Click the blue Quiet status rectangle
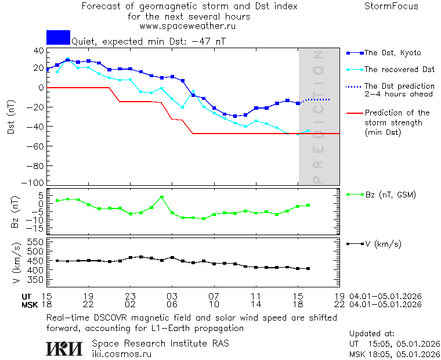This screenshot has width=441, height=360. pyautogui.click(x=58, y=37)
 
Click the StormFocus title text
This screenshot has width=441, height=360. pyautogui.click(x=391, y=6)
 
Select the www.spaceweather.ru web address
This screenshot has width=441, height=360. pyautogui.click(x=187, y=26)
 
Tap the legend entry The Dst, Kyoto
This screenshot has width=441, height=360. pyautogui.click(x=392, y=53)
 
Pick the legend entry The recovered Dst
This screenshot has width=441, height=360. pyautogui.click(x=399, y=70)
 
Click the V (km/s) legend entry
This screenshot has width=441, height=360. pyautogui.click(x=382, y=243)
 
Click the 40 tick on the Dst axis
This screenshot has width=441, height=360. pyautogui.click(x=39, y=51)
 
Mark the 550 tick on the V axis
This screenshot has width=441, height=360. pyautogui.click(x=35, y=242)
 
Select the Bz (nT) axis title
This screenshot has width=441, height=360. pyautogui.click(x=15, y=213)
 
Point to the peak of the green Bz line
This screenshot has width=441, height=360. pyautogui.click(x=162, y=197)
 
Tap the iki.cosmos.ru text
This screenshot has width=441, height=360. pyautogui.click(x=122, y=354)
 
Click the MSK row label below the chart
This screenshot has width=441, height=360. pyautogui.click(x=30, y=304)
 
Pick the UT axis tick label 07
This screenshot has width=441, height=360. pyautogui.click(x=214, y=296)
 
